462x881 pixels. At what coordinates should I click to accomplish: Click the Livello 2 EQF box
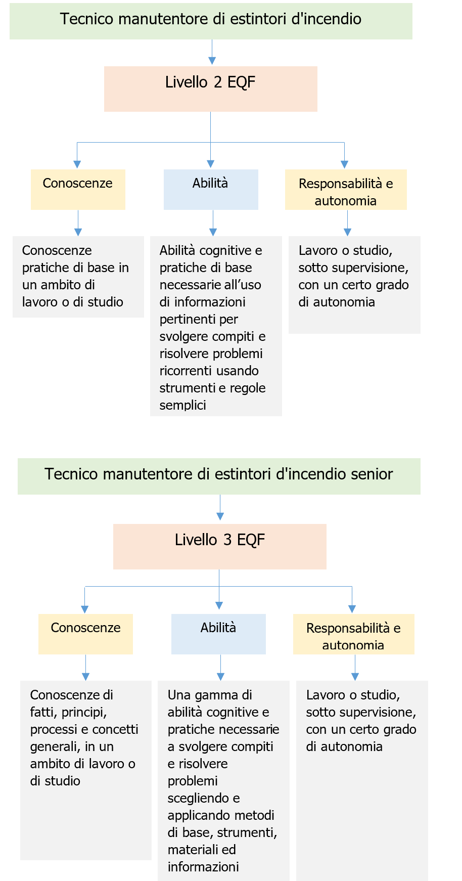click(x=210, y=89)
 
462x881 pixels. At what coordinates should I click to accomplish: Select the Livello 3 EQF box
click(x=219, y=547)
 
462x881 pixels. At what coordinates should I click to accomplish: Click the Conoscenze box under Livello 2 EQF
click(x=78, y=190)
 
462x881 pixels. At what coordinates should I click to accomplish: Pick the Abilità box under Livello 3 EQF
click(x=218, y=634)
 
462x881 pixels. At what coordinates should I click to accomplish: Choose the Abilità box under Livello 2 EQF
click(x=210, y=190)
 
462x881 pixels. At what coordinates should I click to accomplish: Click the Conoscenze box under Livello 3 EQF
click(x=85, y=634)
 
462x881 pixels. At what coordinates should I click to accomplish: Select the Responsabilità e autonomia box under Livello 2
click(x=346, y=190)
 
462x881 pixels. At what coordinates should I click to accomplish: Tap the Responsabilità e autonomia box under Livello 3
click(x=353, y=634)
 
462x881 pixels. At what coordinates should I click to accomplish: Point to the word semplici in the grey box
click(x=182, y=405)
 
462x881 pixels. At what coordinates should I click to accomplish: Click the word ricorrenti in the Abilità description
click(x=181, y=371)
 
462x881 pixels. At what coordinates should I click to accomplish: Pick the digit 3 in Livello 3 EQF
click(x=227, y=540)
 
